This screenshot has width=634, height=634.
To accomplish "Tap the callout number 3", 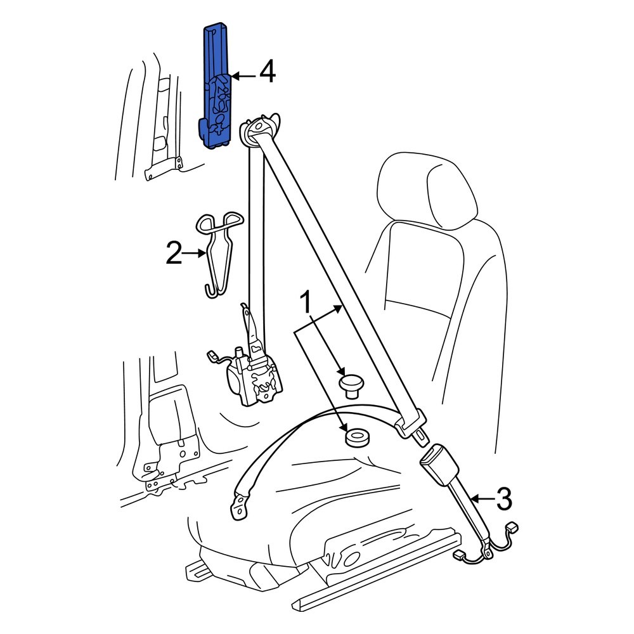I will coord(502,500).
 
